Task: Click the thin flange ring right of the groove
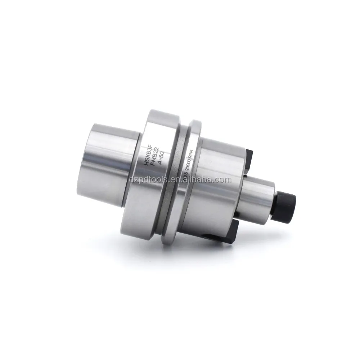click(194, 180)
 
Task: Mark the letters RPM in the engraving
click(191, 151)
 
